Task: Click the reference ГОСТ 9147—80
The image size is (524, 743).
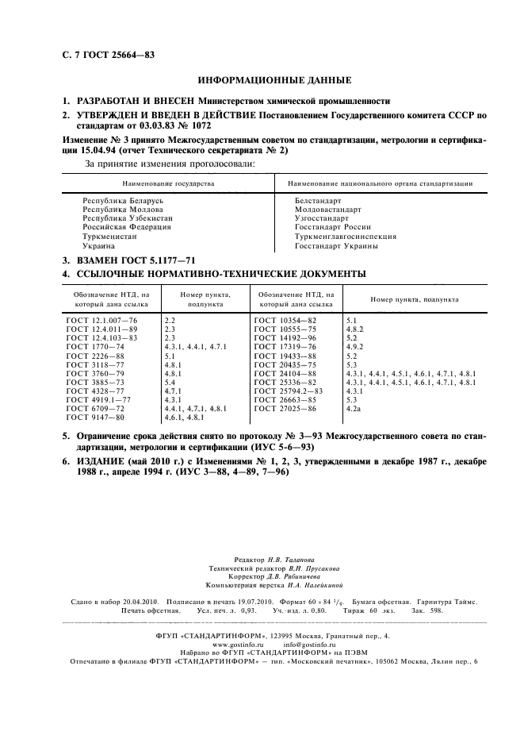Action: click(x=96, y=417)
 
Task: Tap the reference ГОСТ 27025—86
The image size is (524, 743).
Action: click(x=285, y=408)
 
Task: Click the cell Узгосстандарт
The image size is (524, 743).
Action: click(x=321, y=217)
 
